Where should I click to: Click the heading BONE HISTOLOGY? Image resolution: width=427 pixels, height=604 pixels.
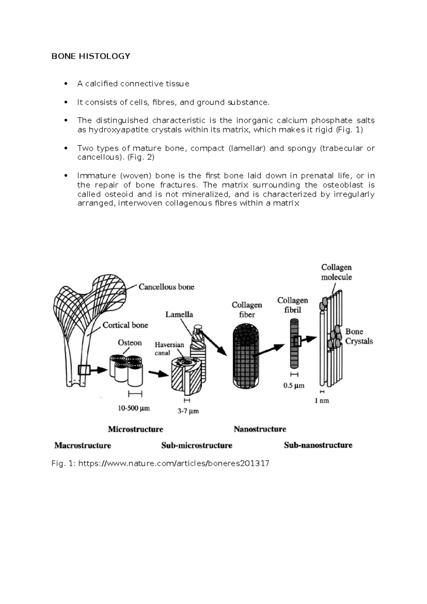91,56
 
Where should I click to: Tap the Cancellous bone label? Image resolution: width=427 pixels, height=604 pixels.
166,287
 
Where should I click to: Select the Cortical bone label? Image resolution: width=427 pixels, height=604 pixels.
125,325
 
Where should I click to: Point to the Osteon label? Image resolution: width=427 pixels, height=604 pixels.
130,343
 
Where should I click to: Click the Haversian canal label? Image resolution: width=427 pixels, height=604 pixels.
169,349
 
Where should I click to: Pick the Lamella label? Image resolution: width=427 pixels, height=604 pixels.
179,314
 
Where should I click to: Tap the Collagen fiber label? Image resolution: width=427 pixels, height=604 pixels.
247,309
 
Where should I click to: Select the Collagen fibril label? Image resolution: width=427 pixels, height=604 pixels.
292,305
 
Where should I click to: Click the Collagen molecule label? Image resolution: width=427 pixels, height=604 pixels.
336,272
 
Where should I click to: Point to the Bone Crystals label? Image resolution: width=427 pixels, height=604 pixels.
359,336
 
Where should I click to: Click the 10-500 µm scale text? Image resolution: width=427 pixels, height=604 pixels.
134,408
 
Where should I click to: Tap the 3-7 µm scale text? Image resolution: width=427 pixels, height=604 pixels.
188,411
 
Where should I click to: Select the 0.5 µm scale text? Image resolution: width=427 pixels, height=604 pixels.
294,385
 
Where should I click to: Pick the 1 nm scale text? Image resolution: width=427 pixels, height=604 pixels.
322,401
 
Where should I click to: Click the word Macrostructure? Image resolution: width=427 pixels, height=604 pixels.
83,446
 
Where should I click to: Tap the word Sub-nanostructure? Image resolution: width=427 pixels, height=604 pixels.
318,445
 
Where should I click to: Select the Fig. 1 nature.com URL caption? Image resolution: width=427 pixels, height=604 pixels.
160,463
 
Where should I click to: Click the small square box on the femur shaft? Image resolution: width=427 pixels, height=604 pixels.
84,370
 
